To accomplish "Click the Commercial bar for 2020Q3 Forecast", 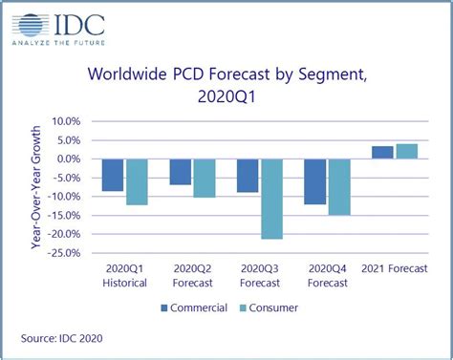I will point(248,176).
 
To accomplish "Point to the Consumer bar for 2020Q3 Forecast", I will point(271,199).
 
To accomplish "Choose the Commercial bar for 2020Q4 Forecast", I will point(315,181).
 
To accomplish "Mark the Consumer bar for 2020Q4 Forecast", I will point(339,186).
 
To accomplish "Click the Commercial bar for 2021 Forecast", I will point(382,153).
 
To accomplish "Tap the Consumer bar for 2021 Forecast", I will point(406,151).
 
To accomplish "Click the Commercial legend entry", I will point(195,307).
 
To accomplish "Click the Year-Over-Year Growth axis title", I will point(35,187).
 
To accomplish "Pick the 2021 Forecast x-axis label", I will point(395,269).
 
